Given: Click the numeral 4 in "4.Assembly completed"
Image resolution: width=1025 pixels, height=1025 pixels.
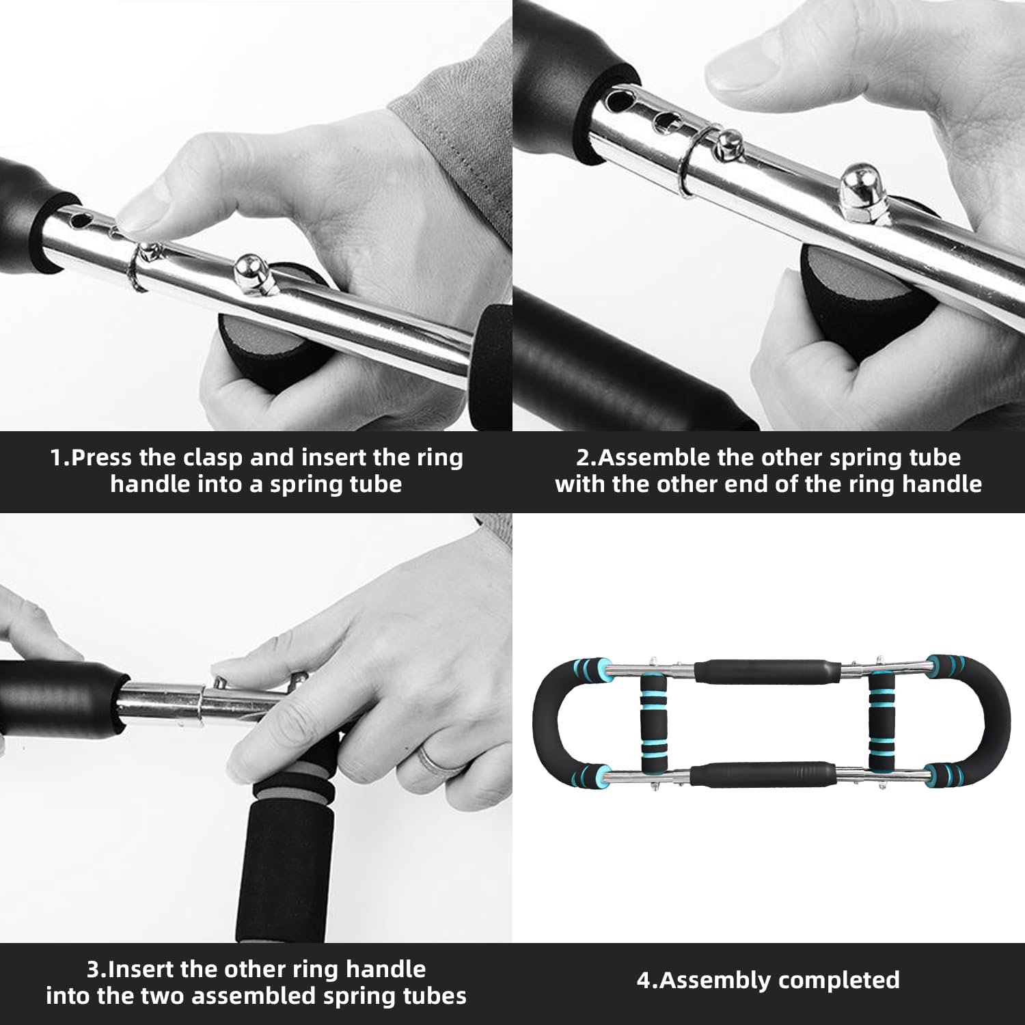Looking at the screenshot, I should click(x=643, y=980).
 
